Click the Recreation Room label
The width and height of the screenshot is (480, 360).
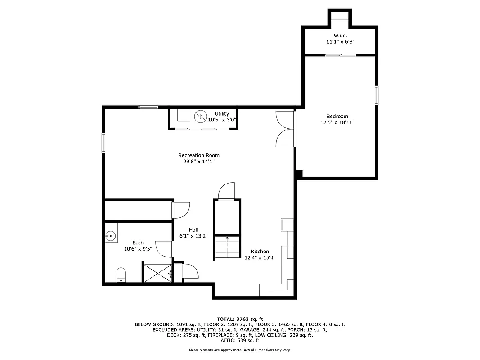pyautogui.click(x=199, y=155)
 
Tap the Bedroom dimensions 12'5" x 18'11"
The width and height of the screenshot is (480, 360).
pyautogui.click(x=337, y=122)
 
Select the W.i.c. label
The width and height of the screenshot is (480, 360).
pyautogui.click(x=340, y=35)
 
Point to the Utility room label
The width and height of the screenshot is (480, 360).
pyautogui.click(x=222, y=114)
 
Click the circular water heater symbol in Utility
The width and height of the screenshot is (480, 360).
pyautogui.click(x=200, y=117)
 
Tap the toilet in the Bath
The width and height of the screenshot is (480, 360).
pyautogui.click(x=121, y=274)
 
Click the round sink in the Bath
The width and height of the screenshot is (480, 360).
pyautogui.click(x=110, y=235)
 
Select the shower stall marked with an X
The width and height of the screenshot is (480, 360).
pyautogui.click(x=157, y=273)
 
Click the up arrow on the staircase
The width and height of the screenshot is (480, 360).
pyautogui.click(x=227, y=238)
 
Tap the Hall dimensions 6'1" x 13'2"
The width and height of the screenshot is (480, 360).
pyautogui.click(x=193, y=236)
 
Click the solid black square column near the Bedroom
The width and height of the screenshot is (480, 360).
pyautogui.click(x=299, y=173)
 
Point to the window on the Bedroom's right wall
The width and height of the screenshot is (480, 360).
pyautogui.click(x=377, y=95)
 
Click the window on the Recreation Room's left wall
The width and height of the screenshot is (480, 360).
pyautogui.click(x=103, y=143)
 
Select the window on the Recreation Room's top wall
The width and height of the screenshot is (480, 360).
pyautogui.click(x=148, y=107)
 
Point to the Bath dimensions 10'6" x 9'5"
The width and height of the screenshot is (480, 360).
pyautogui.click(x=138, y=248)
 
